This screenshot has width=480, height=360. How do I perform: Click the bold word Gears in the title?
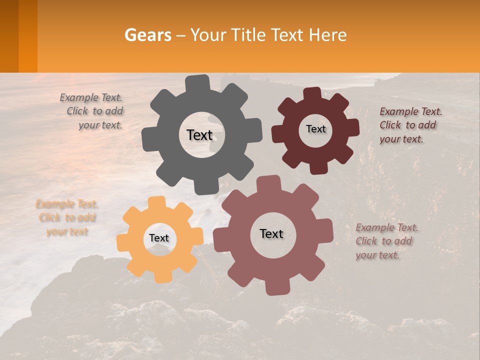147,35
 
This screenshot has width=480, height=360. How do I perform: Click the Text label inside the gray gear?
199,135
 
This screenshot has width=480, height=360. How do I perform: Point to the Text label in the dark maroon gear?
315,129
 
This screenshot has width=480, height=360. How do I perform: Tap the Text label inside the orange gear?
159,238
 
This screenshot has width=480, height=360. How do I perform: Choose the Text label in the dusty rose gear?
271,233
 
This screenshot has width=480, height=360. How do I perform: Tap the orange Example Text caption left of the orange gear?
67,217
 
